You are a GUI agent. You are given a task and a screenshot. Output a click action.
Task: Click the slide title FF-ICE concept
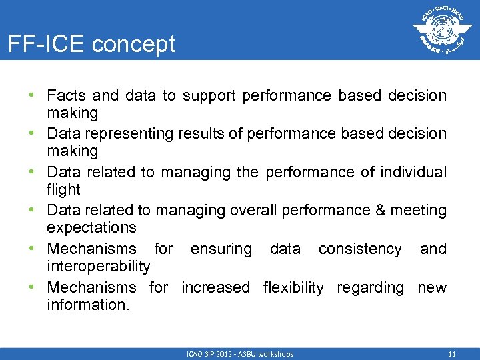pyautogui.click(x=91, y=44)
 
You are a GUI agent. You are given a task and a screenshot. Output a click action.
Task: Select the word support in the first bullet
pyautogui.click(x=209, y=95)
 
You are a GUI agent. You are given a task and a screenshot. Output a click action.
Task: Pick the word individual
pyautogui.click(x=413, y=172)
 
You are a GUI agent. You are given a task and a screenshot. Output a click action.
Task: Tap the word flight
pyautogui.click(x=63, y=189)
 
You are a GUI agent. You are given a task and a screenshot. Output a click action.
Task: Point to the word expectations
pyautogui.click(x=91, y=228)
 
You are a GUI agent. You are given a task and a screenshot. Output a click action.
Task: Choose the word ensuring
pyautogui.click(x=221, y=249)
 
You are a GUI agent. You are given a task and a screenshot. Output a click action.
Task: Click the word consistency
pyautogui.click(x=360, y=249)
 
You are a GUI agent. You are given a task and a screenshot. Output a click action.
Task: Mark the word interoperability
pyautogui.click(x=99, y=267)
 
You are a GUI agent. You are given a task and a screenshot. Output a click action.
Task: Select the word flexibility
pyautogui.click(x=293, y=287)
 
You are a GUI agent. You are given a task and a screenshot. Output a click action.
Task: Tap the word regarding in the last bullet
pyautogui.click(x=370, y=288)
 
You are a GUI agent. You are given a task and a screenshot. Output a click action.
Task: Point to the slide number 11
pyautogui.click(x=451, y=354)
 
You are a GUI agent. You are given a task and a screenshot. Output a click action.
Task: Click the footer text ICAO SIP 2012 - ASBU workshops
pyautogui.click(x=239, y=354)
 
